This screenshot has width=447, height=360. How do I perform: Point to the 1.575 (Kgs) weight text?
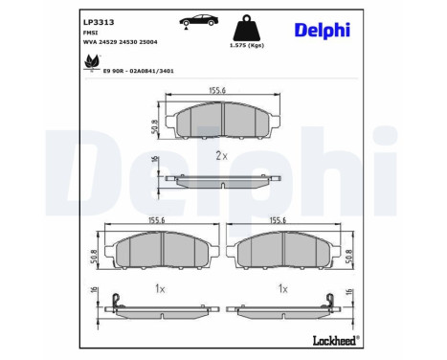[x=245, y=45]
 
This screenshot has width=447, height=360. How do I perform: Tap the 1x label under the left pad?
[x=161, y=288]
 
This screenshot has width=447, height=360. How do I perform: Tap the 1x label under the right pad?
[x=283, y=288]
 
